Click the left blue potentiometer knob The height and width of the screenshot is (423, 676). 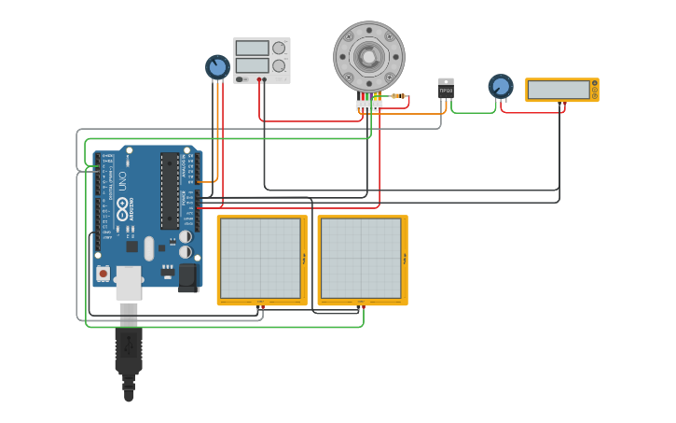click(217, 67)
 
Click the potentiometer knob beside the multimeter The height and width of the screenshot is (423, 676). click(501, 87)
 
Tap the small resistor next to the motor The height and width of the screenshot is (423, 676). click(398, 95)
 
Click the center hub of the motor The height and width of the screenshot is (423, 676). click(368, 57)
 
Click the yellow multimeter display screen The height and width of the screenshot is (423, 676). click(559, 90)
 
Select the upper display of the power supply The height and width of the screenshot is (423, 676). click(252, 48)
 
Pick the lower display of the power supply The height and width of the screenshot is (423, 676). click(252, 65)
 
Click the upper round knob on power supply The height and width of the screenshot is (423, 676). click(278, 48)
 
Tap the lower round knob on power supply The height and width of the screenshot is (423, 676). click(278, 65)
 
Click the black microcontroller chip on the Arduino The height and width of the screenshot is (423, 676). click(170, 190)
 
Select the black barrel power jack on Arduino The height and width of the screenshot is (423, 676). click(188, 276)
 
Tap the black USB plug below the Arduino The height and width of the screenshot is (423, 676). click(129, 355)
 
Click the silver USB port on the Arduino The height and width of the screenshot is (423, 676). click(129, 282)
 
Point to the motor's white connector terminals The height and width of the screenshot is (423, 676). click(368, 105)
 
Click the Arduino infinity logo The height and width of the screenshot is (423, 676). click(122, 207)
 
